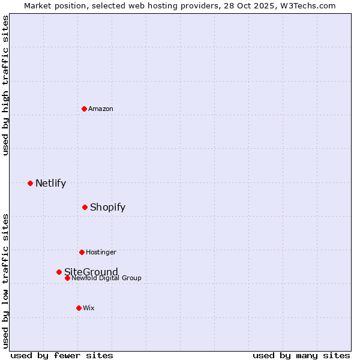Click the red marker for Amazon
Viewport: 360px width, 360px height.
[x=84, y=109]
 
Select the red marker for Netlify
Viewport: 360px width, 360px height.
[x=30, y=183]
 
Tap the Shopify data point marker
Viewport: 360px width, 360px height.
[x=85, y=207]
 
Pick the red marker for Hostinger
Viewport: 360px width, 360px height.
[x=82, y=252]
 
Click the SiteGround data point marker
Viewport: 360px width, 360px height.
[x=59, y=272]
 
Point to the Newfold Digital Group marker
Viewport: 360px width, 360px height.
[x=67, y=278]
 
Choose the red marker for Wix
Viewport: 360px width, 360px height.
[x=79, y=308]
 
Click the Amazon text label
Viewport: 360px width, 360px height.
[x=101, y=109]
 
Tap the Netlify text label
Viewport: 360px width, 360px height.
[x=50, y=183]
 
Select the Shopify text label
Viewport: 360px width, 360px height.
[x=107, y=207]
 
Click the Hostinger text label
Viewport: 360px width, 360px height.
[x=101, y=252]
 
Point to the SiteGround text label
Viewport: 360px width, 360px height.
[x=91, y=272]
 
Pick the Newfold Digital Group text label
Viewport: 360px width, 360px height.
[x=107, y=278]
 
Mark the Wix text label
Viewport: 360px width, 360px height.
[x=89, y=308]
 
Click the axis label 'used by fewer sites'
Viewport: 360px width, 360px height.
[x=62, y=355]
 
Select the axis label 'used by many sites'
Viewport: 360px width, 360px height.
[x=301, y=355]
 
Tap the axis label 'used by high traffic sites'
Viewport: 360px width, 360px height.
[x=5, y=85]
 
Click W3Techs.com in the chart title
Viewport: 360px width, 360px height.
[x=311, y=5]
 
